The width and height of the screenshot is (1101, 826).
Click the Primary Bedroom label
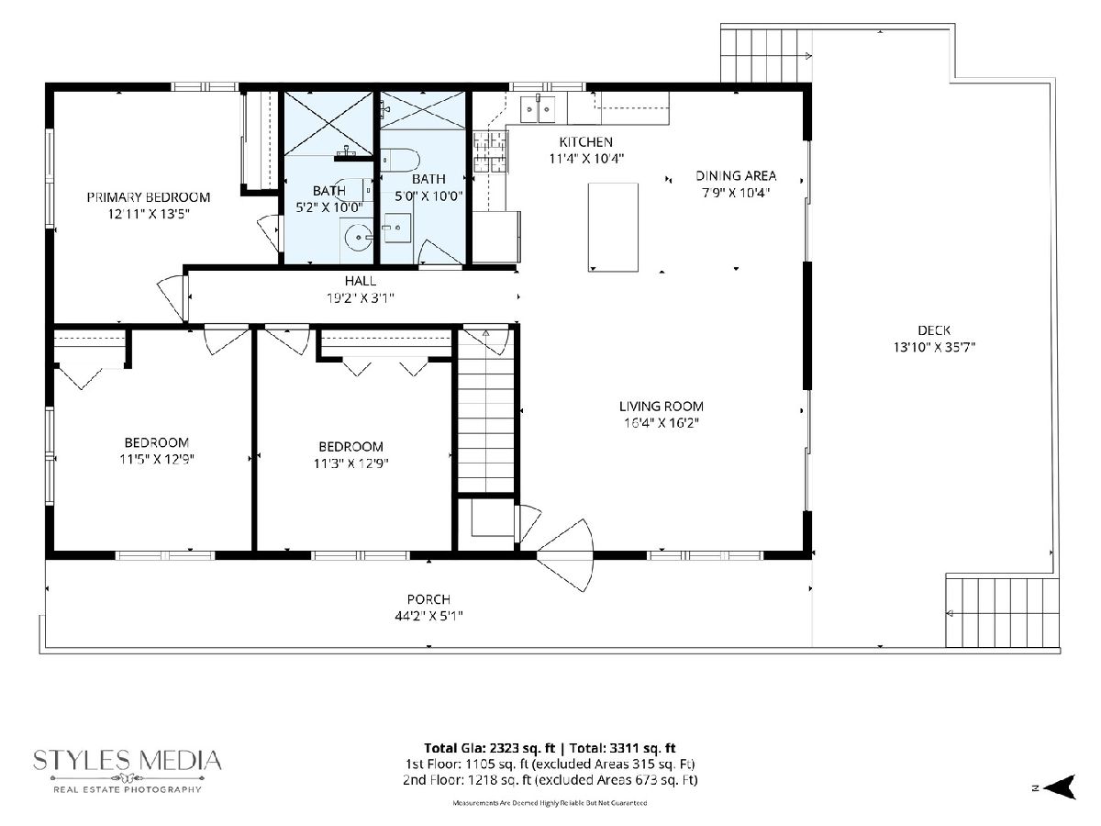pyautogui.click(x=149, y=197)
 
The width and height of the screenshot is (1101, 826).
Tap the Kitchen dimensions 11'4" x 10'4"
pyautogui.click(x=586, y=159)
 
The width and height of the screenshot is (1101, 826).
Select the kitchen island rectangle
pyautogui.click(x=613, y=228)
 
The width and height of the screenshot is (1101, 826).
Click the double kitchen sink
pyautogui.click(x=538, y=109)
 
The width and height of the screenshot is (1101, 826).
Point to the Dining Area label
pyautogui.click(x=736, y=175)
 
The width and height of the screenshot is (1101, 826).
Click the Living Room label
pyautogui.click(x=662, y=407)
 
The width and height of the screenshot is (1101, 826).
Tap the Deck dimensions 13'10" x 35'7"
pyautogui.click(x=934, y=347)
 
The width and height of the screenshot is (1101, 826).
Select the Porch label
pyautogui.click(x=428, y=599)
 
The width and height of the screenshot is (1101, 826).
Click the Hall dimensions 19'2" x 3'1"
pyautogui.click(x=361, y=298)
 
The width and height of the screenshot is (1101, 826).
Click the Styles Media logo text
pyautogui.click(x=128, y=760)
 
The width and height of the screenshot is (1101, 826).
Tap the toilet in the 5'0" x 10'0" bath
pyautogui.click(x=400, y=161)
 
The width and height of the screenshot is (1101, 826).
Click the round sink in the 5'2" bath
pyautogui.click(x=359, y=237)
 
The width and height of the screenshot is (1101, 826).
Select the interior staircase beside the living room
pyautogui.click(x=486, y=411)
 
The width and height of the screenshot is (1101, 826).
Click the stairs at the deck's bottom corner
pyautogui.click(x=1003, y=612)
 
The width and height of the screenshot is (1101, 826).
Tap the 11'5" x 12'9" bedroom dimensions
pyautogui.click(x=157, y=459)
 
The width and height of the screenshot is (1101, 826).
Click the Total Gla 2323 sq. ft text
pyautogui.click(x=490, y=748)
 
